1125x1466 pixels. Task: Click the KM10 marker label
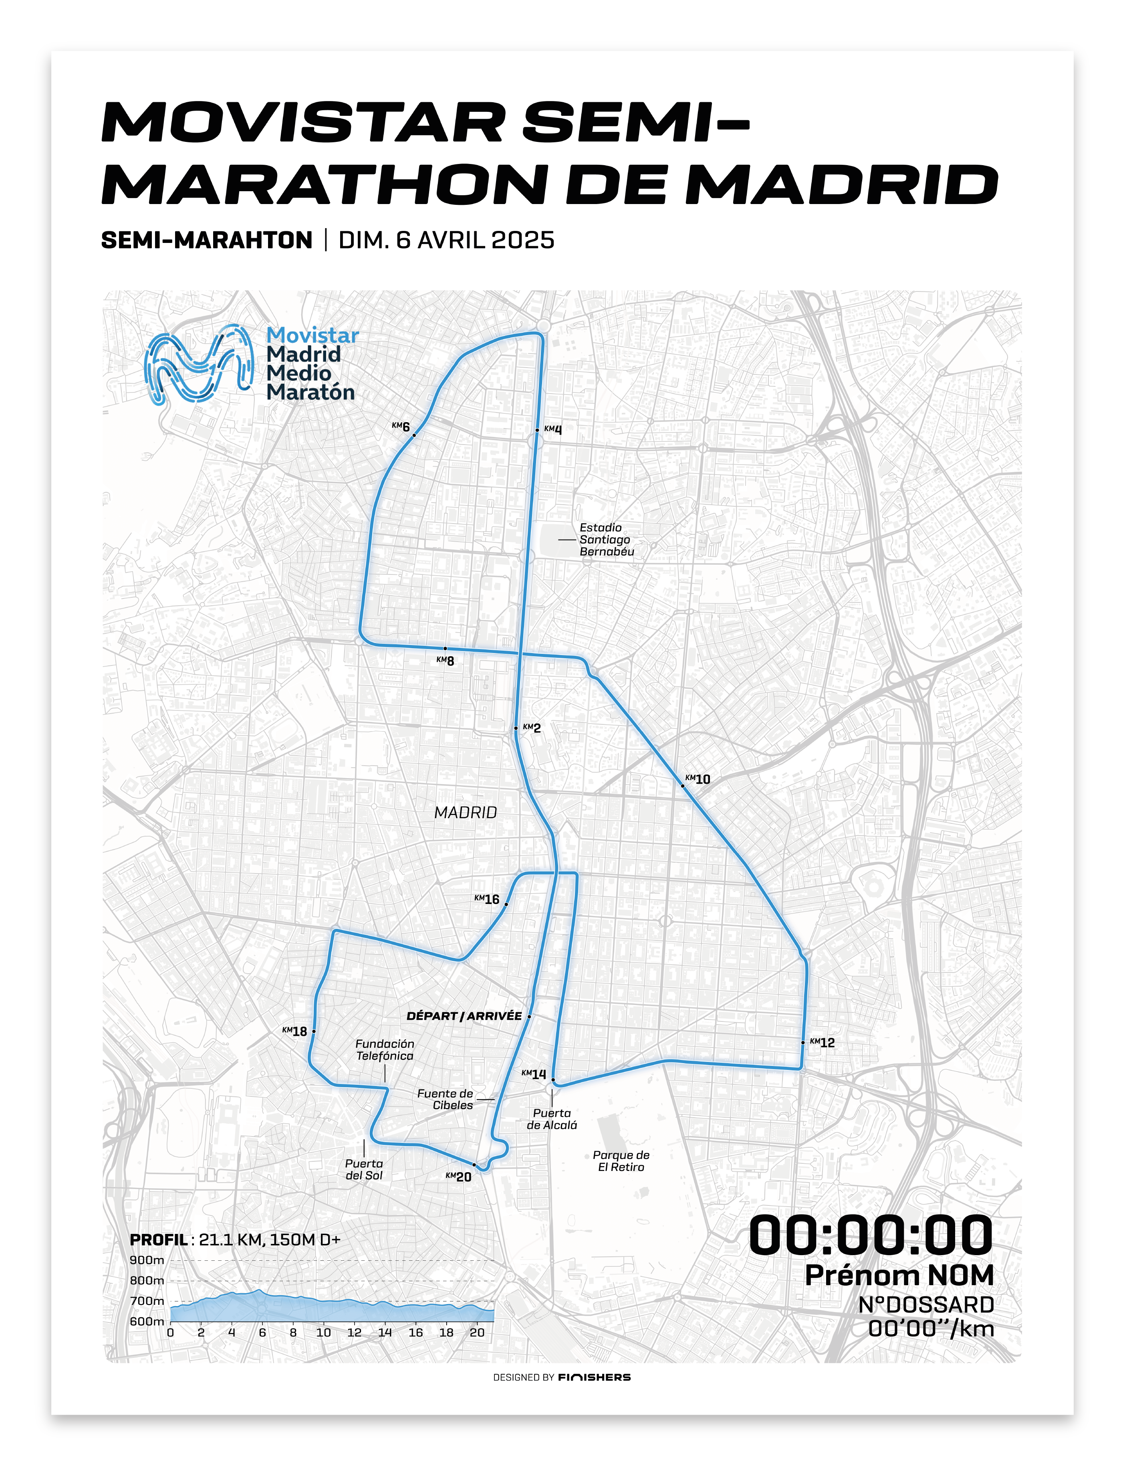point(698,779)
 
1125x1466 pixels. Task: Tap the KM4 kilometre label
point(553,429)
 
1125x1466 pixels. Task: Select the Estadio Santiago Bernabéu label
point(606,539)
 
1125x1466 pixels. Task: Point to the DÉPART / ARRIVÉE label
point(464,1016)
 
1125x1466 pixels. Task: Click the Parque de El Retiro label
point(621,1161)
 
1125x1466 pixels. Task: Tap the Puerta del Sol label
point(364,1169)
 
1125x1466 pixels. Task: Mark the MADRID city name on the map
point(466,813)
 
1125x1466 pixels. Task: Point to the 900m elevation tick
point(147,1260)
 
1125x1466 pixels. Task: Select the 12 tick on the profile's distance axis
point(354,1333)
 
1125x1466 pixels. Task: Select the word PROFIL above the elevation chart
point(159,1240)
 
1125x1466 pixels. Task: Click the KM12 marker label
point(823,1043)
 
